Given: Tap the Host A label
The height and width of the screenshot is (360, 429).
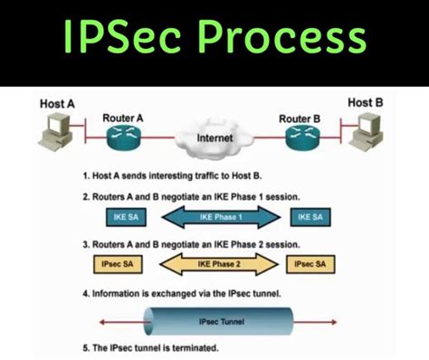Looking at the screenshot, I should (x=57, y=103).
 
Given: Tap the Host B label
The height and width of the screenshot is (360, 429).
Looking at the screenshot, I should (x=366, y=103).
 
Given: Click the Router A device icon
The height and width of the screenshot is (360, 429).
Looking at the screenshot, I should (x=122, y=138).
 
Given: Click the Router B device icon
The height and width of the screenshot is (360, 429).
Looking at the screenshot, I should (x=301, y=138).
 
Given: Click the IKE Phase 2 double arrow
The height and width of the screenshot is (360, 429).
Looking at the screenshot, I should (x=215, y=263).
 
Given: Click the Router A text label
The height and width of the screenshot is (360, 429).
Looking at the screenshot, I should (x=124, y=118).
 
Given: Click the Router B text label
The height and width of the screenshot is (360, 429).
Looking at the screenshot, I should (x=300, y=118).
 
